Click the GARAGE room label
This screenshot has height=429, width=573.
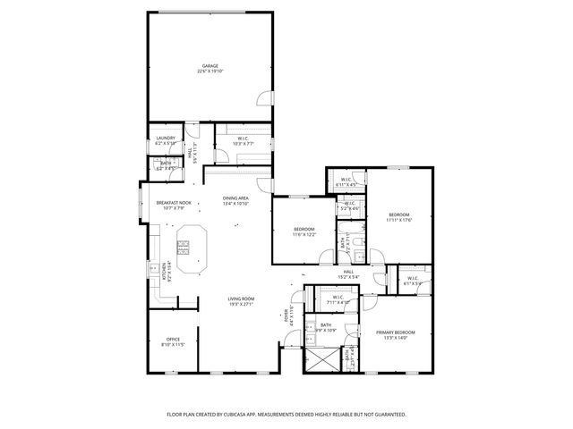210,67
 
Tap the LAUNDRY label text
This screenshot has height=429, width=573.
165,139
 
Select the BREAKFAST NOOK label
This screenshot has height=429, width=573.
173,203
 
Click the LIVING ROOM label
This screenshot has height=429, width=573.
241,299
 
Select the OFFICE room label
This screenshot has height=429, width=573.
172,340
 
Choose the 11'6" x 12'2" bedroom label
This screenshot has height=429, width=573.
304,231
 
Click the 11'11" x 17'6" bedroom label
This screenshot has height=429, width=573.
398,215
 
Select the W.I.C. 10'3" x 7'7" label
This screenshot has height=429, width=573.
243,139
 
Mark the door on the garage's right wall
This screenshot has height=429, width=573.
264,100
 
